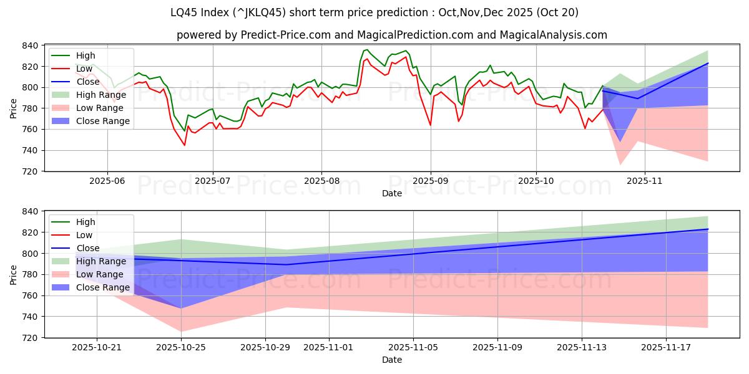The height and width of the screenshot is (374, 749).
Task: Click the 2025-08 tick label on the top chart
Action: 321,180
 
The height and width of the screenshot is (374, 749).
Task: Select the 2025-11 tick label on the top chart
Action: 645,180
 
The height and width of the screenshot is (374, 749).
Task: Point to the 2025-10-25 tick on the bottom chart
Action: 181,347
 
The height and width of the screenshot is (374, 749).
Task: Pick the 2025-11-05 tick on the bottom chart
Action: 413,347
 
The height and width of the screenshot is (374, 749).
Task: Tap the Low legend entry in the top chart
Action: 84,69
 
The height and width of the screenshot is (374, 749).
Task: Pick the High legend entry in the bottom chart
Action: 86,222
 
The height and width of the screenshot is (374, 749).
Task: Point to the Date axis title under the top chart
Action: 391,193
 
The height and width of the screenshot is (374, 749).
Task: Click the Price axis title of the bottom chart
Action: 14,274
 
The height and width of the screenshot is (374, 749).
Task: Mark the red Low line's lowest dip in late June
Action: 184,145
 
